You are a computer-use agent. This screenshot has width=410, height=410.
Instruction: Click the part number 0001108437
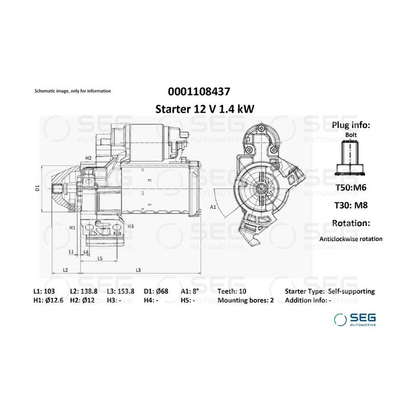[x=199, y=92]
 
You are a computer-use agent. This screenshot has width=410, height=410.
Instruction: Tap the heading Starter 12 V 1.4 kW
[x=205, y=109]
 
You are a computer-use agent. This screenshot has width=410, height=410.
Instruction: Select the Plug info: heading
[x=351, y=125]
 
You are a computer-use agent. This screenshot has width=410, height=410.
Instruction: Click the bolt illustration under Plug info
[x=350, y=158]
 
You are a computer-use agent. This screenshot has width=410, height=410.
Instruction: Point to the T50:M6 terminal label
[x=351, y=188]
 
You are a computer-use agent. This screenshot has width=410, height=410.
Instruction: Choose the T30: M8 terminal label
[x=351, y=205]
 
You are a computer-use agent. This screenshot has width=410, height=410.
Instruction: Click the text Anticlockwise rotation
[x=351, y=239]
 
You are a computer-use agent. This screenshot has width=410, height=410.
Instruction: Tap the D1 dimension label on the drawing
[x=37, y=188]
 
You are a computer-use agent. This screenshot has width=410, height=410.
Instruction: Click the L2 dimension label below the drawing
[x=65, y=270]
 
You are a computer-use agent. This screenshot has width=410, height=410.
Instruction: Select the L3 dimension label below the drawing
[x=138, y=270]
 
